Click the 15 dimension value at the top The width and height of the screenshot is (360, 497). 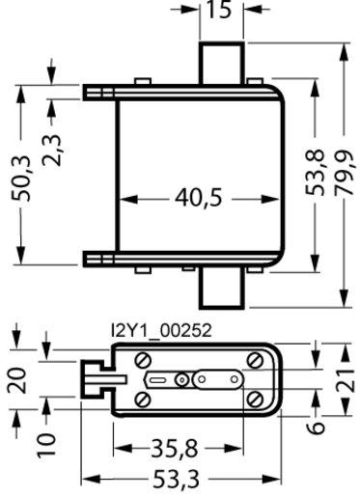(219, 9)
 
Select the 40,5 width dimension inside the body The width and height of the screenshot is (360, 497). (199, 197)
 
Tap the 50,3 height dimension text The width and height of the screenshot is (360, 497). (21, 179)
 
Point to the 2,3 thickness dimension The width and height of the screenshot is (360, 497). (51, 151)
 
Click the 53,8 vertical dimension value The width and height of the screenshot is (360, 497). (315, 172)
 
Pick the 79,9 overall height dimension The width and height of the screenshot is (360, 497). (346, 172)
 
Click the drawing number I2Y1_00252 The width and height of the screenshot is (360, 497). (161, 330)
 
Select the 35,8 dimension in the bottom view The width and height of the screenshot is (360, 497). (175, 448)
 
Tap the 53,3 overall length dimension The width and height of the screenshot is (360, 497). (176, 479)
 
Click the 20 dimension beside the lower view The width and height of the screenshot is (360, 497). (17, 380)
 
